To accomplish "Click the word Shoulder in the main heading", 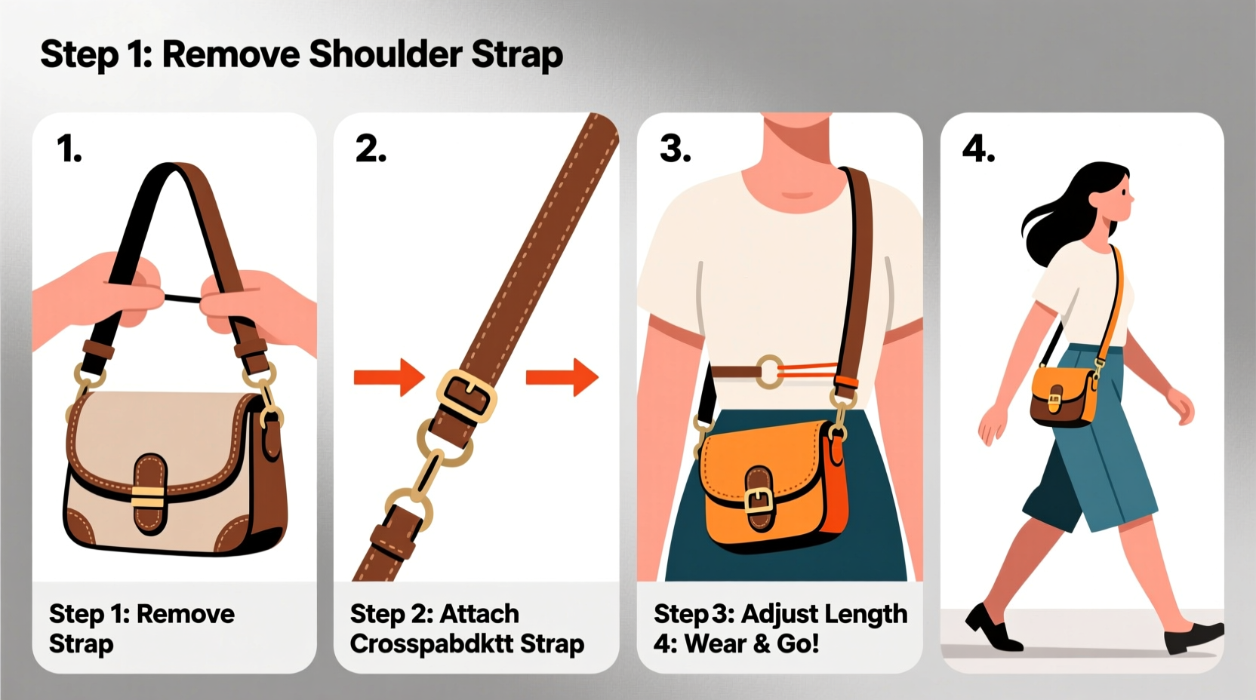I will pyautogui.click(x=385, y=55).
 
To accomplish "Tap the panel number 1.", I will pyautogui.click(x=69, y=149).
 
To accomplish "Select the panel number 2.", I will pyautogui.click(x=371, y=149).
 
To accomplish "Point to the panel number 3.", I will pyautogui.click(x=675, y=149).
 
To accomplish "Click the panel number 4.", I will pyautogui.click(x=978, y=149).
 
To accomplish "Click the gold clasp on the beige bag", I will pyautogui.click(x=147, y=495).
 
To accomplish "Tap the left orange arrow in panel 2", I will pyautogui.click(x=389, y=376).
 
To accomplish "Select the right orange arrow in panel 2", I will pyautogui.click(x=562, y=376).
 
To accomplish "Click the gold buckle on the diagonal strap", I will pyautogui.click(x=466, y=395).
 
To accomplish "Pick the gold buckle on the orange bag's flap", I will pyautogui.click(x=759, y=499).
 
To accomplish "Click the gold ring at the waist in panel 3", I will pyautogui.click(x=770, y=372).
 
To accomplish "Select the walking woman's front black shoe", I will pyautogui.click(x=1193, y=637).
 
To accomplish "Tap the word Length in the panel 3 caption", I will pyautogui.click(x=864, y=614).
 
